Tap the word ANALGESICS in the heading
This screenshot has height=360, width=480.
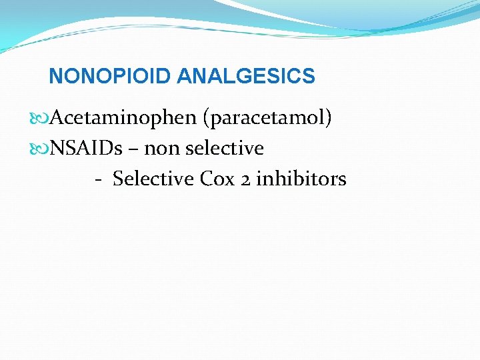tap(245, 76)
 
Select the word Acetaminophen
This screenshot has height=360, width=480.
tap(123, 118)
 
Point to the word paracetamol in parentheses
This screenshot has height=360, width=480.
tap(269, 118)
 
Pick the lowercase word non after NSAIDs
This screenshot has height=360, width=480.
tap(161, 148)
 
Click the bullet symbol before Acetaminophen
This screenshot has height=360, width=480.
tap(43, 119)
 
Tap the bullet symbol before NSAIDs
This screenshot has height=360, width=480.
tap(43, 149)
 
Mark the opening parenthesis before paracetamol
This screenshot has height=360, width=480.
tap(206, 119)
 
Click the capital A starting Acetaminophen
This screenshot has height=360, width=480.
tap(57, 118)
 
